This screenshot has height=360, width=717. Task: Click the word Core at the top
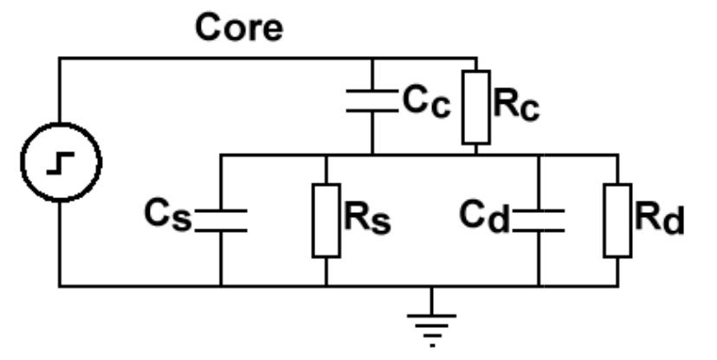click(239, 28)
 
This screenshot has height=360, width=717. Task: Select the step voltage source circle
click(61, 161)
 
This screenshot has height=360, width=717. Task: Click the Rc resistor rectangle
click(477, 106)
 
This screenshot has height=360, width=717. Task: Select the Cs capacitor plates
click(220, 220)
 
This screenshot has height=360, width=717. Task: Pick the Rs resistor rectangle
click(326, 220)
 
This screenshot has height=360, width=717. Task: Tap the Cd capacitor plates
click(538, 220)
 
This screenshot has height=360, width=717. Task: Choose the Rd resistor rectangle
click(617, 220)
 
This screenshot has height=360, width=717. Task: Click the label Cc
click(426, 101)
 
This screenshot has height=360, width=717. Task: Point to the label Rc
click(518, 104)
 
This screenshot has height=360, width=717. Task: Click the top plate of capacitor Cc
click(371, 91)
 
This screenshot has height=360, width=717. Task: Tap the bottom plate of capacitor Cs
click(220, 229)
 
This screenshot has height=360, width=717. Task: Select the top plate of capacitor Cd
click(538, 210)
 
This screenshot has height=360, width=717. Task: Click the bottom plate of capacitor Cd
click(538, 229)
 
